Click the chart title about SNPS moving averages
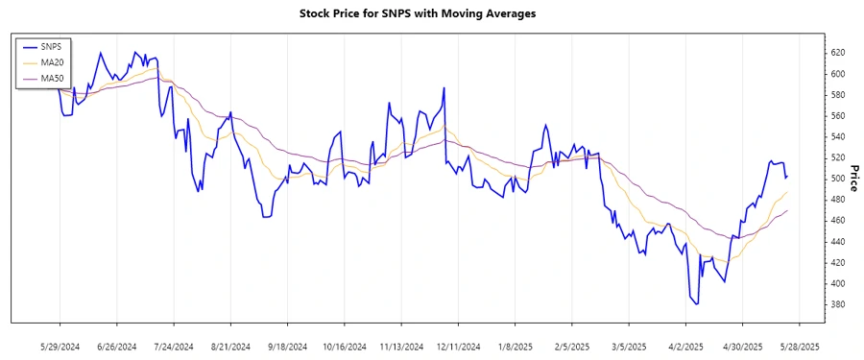pyautogui.click(x=431, y=14)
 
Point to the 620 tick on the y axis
pyautogui.click(x=837, y=53)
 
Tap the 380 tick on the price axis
pyautogui.click(x=837, y=304)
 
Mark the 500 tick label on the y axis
pyautogui.click(x=837, y=179)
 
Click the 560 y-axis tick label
pyautogui.click(x=837, y=116)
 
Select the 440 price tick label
pyautogui.click(x=837, y=242)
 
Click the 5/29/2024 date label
pyautogui.click(x=60, y=346)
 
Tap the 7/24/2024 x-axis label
pyautogui.click(x=173, y=346)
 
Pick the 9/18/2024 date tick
pyautogui.click(x=287, y=346)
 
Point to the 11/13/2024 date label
pyautogui.click(x=400, y=346)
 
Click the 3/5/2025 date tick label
pyautogui.click(x=628, y=346)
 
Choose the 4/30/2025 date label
pyautogui.click(x=742, y=346)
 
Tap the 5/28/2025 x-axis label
pyautogui.click(x=799, y=346)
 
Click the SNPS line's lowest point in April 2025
pyautogui.click(x=697, y=303)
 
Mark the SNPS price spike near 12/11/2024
pyautogui.click(x=444, y=88)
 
